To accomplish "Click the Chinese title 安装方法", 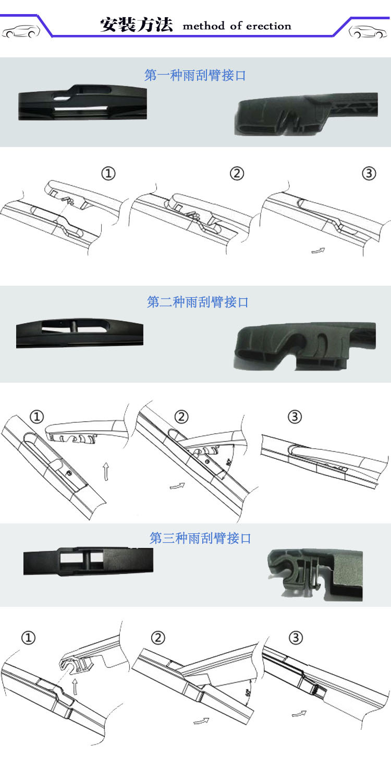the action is (136, 25).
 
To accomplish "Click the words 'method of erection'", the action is (237, 26).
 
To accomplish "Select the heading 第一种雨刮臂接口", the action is (195, 76).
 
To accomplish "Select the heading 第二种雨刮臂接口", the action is (198, 302).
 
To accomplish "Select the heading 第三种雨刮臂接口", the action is (200, 538).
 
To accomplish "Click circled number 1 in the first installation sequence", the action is (108, 174).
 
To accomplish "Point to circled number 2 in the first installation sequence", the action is (237, 174).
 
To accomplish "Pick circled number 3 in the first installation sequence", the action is (369, 174).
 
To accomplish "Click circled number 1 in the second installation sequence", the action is (37, 417).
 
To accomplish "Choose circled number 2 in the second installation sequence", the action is (181, 417).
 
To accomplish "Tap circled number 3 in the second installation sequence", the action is (295, 417).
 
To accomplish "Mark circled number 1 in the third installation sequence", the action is (29, 638).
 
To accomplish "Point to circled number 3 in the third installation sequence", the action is (296, 638).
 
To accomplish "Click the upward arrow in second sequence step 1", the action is (106, 471).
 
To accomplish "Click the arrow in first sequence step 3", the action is (317, 251).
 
